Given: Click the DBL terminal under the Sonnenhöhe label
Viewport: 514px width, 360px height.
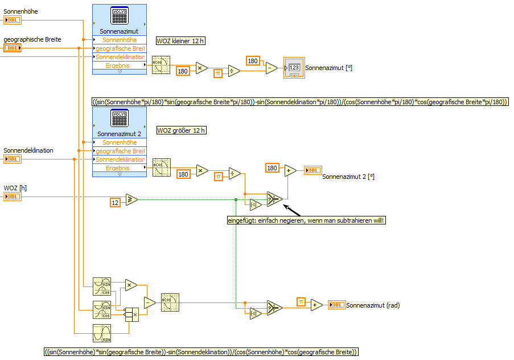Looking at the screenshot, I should pyautogui.click(x=13, y=21).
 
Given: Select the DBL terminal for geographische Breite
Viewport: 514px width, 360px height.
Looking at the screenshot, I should pyautogui.click(x=13, y=48).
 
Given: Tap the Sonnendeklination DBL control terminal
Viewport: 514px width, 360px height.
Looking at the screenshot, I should pyautogui.click(x=13, y=159).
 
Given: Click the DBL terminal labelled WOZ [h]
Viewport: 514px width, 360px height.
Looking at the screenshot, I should pyautogui.click(x=13, y=197).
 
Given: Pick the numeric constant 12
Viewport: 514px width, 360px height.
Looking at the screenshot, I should pyautogui.click(x=115, y=202).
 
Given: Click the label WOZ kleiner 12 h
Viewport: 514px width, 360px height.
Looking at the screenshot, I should pyautogui.click(x=180, y=41).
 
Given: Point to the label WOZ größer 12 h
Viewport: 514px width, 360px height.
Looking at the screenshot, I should pyautogui.click(x=181, y=130).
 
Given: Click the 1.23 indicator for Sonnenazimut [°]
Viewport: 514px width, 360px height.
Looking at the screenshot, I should pyautogui.click(x=294, y=68).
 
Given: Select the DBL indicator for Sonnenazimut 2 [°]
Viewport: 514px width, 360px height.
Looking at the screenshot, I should pyautogui.click(x=312, y=170).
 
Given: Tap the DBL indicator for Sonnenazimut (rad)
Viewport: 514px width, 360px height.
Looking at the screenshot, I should pyautogui.click(x=336, y=305).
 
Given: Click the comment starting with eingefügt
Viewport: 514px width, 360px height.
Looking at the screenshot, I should pyautogui.click(x=306, y=220).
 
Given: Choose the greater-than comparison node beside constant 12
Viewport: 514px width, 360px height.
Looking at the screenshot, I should pyautogui.click(x=131, y=199).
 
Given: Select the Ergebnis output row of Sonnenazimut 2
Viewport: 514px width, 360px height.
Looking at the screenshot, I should pyautogui.click(x=118, y=168).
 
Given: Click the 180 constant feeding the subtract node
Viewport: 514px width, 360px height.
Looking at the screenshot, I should pyautogui.click(x=253, y=61).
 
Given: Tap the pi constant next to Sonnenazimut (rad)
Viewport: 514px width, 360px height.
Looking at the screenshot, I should pyautogui.click(x=301, y=302).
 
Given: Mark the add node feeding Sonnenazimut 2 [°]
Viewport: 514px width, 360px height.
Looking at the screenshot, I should pyautogui.click(x=290, y=170).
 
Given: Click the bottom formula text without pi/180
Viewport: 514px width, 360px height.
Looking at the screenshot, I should pyautogui.click(x=201, y=352).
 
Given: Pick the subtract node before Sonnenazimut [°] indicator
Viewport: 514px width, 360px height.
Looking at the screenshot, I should pyautogui.click(x=272, y=68).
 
